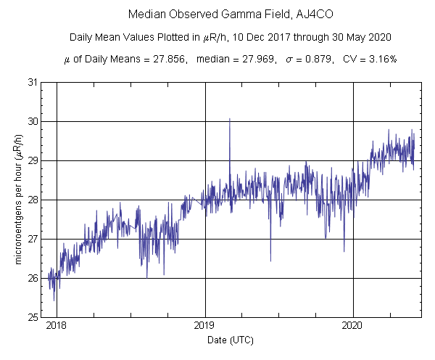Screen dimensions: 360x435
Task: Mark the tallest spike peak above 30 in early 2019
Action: (x=230, y=119)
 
